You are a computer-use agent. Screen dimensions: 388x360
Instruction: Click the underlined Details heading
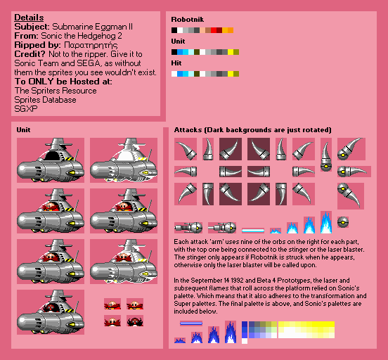[x=29, y=18]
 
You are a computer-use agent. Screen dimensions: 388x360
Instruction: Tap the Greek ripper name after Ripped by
[x=91, y=45]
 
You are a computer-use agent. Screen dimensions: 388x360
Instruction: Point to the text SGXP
[x=26, y=109]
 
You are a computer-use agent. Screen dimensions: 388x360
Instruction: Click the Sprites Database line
[x=45, y=100]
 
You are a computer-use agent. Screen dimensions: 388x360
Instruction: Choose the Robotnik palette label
[x=187, y=20]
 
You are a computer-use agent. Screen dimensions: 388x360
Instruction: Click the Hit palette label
[x=176, y=63]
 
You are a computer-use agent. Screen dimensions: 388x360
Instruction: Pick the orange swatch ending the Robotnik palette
[x=231, y=30]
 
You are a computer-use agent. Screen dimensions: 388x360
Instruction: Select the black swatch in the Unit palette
[x=174, y=52]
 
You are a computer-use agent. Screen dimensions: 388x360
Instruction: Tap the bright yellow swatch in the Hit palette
[x=231, y=74]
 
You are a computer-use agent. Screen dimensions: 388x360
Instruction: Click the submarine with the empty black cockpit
[x=51, y=160]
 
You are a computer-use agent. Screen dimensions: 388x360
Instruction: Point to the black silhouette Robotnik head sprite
[x=135, y=321]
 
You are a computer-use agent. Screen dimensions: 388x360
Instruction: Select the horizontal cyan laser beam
[x=253, y=231]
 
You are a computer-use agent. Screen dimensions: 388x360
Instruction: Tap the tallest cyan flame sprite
[x=326, y=222]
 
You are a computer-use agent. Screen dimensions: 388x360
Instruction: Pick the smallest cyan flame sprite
[x=276, y=231]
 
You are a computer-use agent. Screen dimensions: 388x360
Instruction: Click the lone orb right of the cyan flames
[x=343, y=222]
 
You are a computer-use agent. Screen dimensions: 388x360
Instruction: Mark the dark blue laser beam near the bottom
[x=191, y=323]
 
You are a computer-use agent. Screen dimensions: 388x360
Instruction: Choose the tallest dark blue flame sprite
[x=231, y=332]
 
